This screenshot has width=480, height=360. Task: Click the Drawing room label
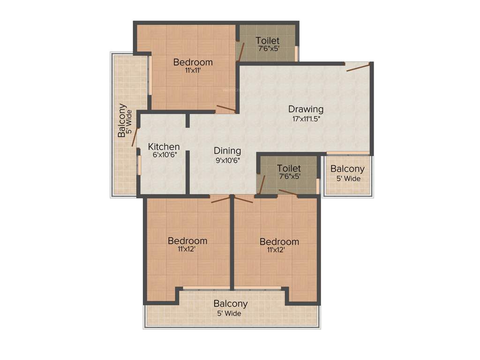pos(306,110)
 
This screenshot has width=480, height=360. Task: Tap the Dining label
pos(227,151)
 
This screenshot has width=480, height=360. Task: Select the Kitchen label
pos(164,147)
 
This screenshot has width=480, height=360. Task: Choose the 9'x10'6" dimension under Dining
pos(227,160)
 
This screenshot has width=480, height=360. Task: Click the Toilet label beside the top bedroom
pos(267,41)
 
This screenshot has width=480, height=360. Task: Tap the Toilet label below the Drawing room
pos(289,168)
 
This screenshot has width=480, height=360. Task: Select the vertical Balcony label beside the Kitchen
pos(122,120)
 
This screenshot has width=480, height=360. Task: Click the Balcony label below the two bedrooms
pos(231,304)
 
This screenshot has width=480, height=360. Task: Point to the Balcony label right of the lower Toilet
pos(347,169)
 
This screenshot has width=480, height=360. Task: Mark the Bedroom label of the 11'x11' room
pos(193,62)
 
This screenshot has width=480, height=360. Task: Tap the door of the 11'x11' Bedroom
pos(225,109)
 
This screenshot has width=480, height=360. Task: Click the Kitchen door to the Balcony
pos(135,137)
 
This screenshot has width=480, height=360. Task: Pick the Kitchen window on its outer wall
pos(139,165)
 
